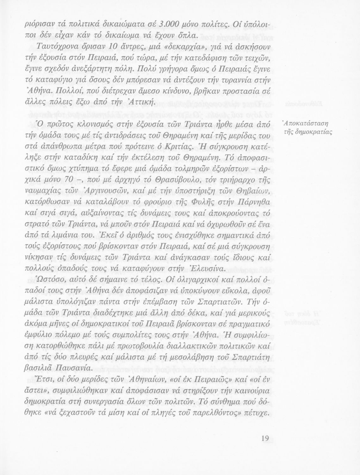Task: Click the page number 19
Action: point(265,438)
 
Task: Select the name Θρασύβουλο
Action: point(177,180)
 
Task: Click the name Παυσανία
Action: point(71,369)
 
